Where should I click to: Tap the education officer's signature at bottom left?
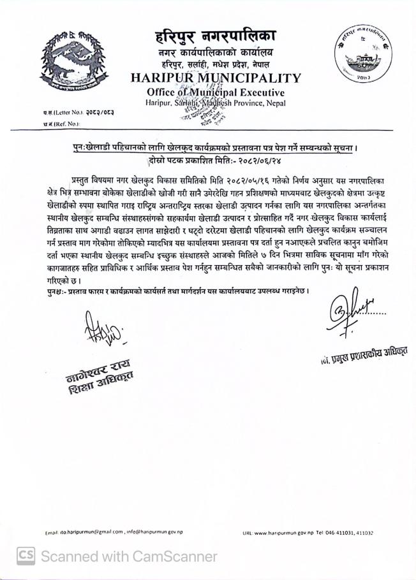click(x=96, y=328)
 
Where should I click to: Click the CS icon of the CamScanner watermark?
click(x=26, y=556)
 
